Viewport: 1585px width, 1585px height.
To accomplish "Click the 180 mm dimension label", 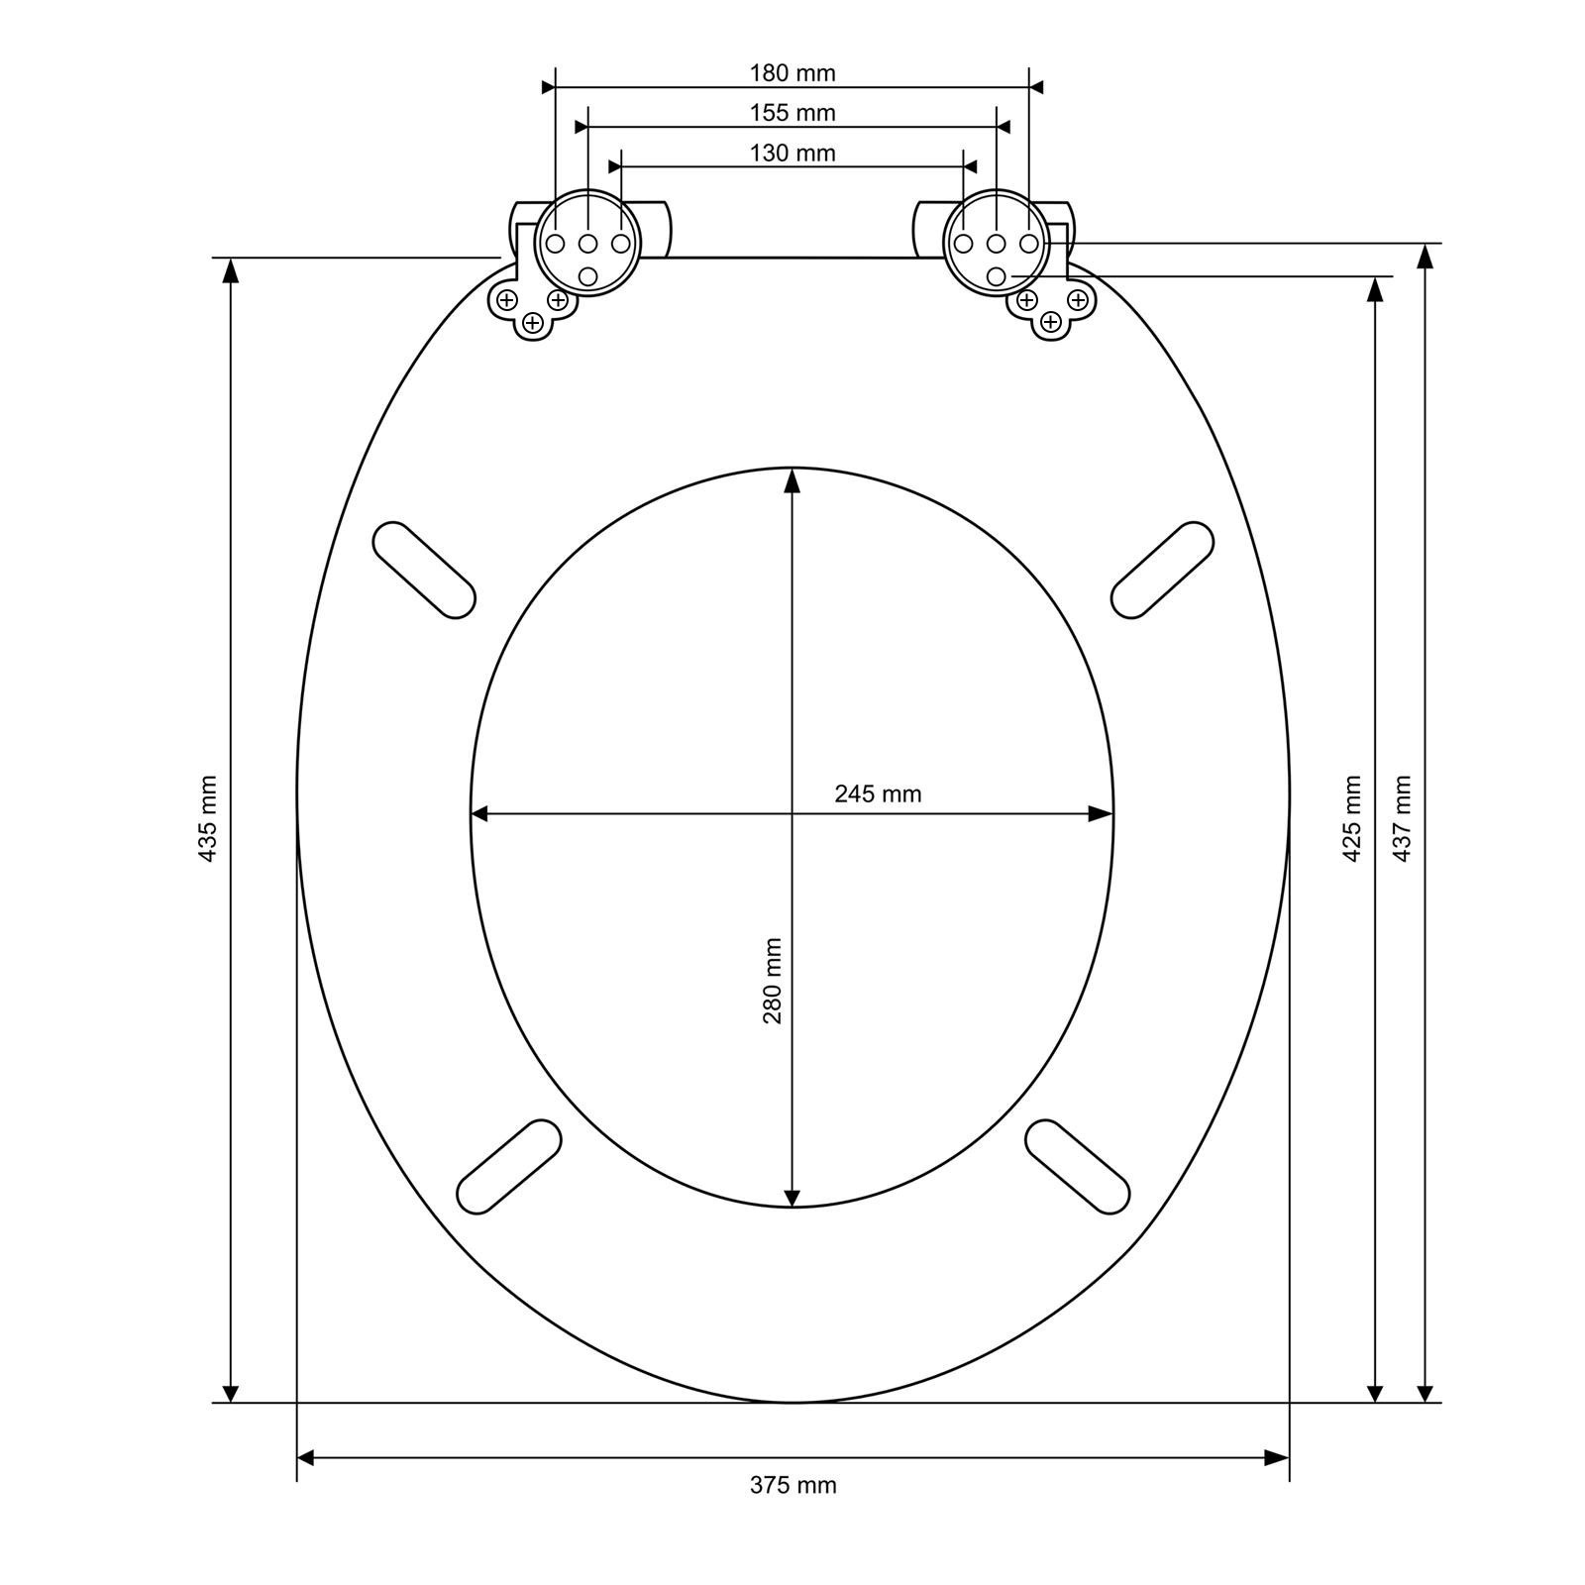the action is pyautogui.click(x=792, y=73).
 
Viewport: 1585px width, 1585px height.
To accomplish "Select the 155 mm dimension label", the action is pyautogui.click(x=792, y=113).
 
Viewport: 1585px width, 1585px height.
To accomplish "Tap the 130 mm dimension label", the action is pyautogui.click(x=792, y=153).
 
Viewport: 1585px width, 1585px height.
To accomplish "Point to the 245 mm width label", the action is pyautogui.click(x=878, y=793).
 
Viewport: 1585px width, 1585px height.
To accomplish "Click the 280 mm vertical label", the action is pyautogui.click(x=773, y=981).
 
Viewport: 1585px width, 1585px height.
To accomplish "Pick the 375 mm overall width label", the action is pyautogui.click(x=792, y=1485).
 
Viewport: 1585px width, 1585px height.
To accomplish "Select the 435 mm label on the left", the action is pyautogui.click(x=208, y=818).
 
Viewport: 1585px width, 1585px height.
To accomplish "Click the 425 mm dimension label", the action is pyautogui.click(x=1351, y=818).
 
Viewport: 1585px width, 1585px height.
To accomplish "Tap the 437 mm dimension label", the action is pyautogui.click(x=1402, y=818).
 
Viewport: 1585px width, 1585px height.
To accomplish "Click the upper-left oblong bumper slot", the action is pyautogui.click(x=424, y=571).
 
